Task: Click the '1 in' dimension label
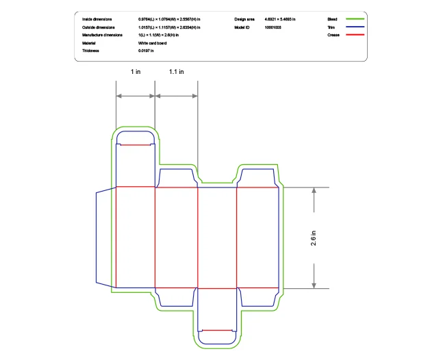[x=136, y=71]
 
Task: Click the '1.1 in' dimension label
[x=176, y=71]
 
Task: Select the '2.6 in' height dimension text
[x=314, y=237]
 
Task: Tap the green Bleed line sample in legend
[x=354, y=19]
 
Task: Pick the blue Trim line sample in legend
[x=354, y=27]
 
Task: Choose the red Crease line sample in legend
[x=354, y=34]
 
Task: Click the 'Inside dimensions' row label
[x=97, y=19]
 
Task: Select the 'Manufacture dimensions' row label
[x=102, y=34]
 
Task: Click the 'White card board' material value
[x=152, y=42]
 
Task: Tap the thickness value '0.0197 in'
[x=146, y=50]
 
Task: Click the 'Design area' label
[x=244, y=19]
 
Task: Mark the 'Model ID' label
[x=242, y=27]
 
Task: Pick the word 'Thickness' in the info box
[x=91, y=50]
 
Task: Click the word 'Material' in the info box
[x=89, y=42]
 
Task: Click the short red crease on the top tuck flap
[x=136, y=145]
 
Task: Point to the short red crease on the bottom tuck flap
[x=217, y=330]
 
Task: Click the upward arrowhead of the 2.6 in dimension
[x=314, y=191]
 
